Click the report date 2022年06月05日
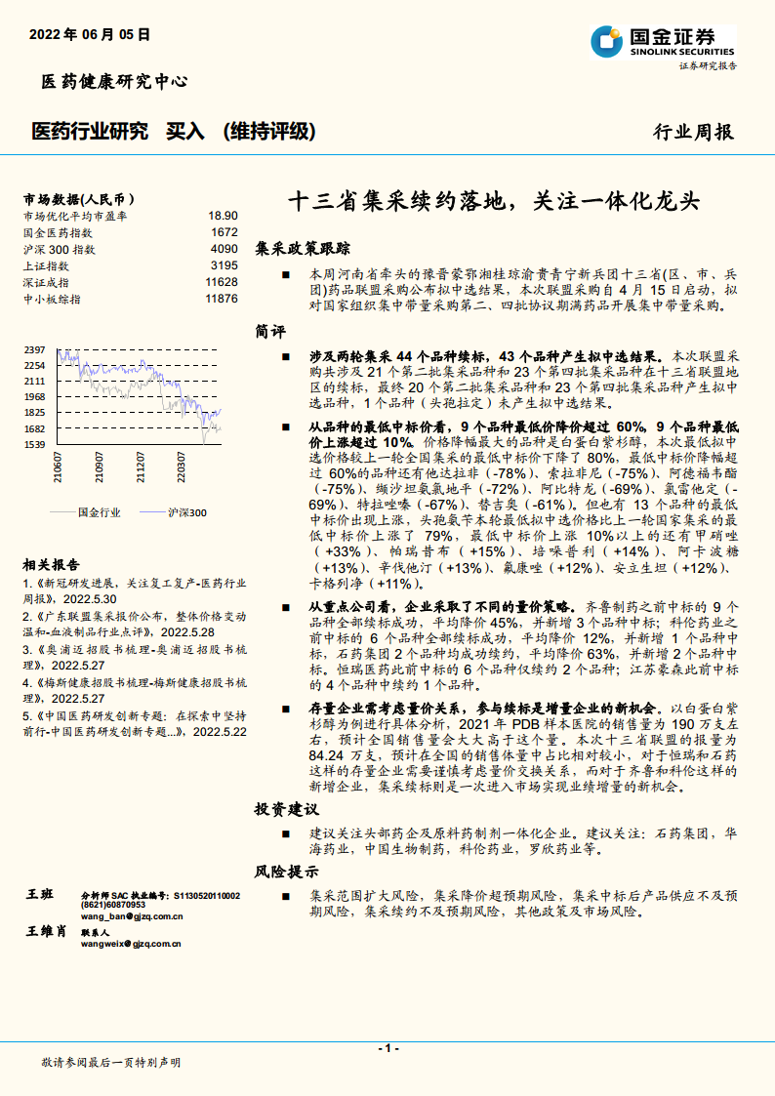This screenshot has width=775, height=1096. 90,34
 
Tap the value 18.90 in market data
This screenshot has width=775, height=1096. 223,216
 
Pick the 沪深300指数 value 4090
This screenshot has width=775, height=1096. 224,249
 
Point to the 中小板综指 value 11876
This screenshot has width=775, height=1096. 222,299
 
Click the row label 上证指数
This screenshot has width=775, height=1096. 46,265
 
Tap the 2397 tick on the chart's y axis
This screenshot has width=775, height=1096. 34,349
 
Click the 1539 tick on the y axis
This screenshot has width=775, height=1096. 34,445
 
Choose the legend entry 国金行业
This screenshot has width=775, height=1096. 99,511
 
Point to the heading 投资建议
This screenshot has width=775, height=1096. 287,810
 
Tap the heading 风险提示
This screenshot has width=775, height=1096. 287,872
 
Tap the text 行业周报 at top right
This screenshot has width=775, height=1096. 692,132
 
